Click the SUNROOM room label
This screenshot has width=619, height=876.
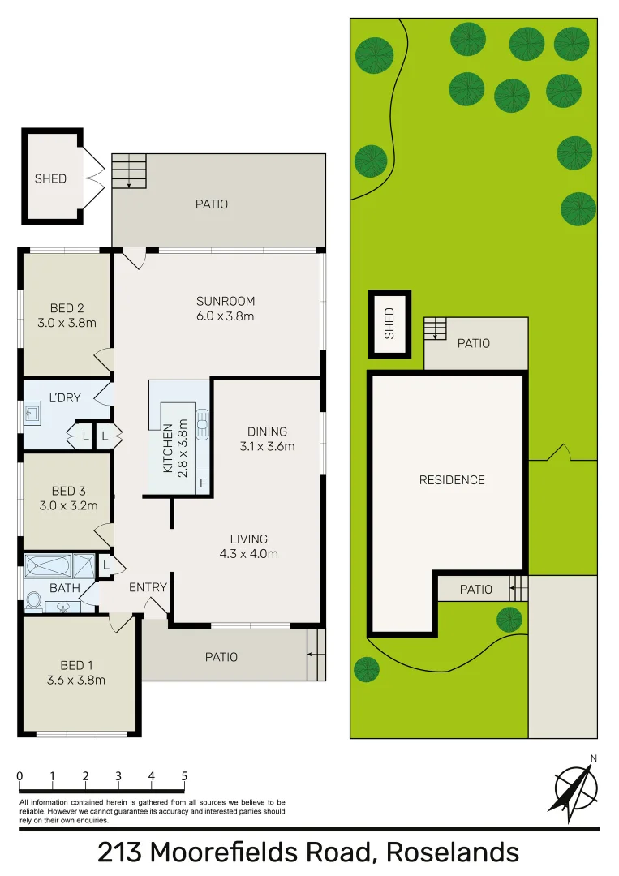pos(226,301)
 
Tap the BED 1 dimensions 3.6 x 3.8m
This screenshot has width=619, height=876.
pos(76,681)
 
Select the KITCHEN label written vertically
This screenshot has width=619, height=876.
pos(168,449)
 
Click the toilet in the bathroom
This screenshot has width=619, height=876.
pos(34,601)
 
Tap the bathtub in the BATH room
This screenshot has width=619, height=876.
pos(48,565)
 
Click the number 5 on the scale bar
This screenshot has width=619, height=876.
pos(184,776)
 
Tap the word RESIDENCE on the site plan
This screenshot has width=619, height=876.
pos(452,480)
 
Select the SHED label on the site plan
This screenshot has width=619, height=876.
pos(389,323)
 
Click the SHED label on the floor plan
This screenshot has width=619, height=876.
pos(50,178)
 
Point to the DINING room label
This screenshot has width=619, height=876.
pos(267,432)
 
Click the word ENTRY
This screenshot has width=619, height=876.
pos(148,587)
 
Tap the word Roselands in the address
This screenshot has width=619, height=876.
pos(453,853)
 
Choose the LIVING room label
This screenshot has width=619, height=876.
pos(248,539)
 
